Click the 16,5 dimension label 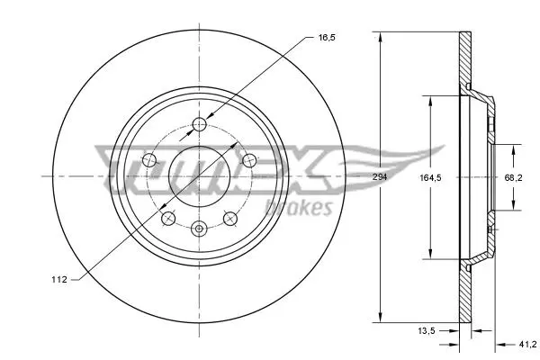[x=327, y=38]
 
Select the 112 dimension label [x=59, y=279]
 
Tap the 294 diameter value [x=380, y=177]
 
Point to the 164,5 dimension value [x=430, y=178]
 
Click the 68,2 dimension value [x=514, y=178]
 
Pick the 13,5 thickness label [x=427, y=330]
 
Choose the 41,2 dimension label [x=527, y=344]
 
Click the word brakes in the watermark [x=299, y=208]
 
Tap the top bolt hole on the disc [x=199, y=124]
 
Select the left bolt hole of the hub [x=149, y=160]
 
